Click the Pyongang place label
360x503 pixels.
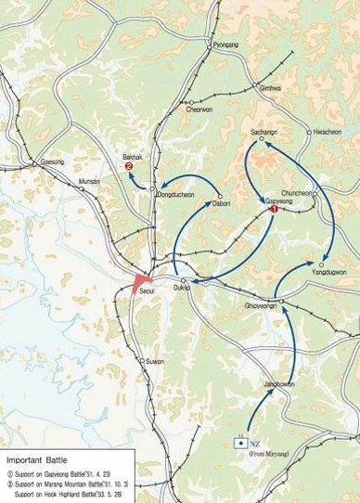pyautogui.click(x=225, y=45)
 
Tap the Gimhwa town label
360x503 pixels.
pyautogui.click(x=270, y=88)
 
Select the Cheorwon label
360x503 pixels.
pyautogui.click(x=199, y=110)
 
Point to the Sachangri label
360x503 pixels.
pyautogui.click(x=264, y=133)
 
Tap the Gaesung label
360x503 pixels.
pyautogui.click(x=53, y=161)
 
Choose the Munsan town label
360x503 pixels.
pyautogui.click(x=89, y=181)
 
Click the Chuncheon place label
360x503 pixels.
pyautogui.click(x=298, y=193)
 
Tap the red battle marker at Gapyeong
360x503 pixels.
pyautogui.click(x=274, y=210)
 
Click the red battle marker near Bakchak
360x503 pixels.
pyautogui.click(x=129, y=167)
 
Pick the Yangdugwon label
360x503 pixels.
pyautogui.click(x=329, y=272)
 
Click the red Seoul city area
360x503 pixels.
pyautogui.click(x=143, y=280)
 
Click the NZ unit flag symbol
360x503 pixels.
pyautogui.click(x=242, y=442)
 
